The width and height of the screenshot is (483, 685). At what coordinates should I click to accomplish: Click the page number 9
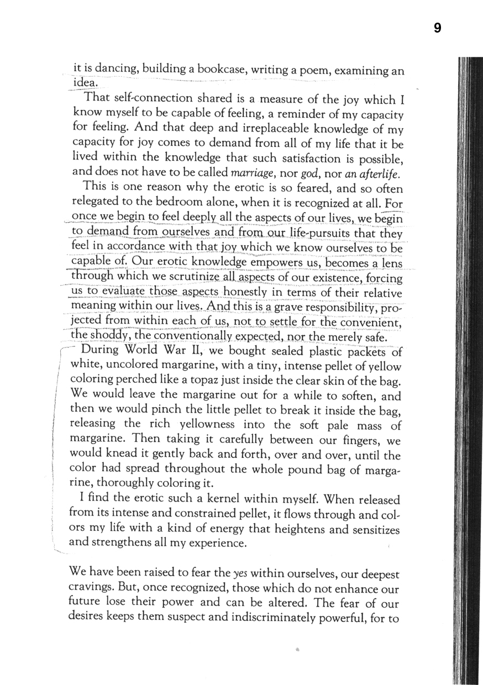[x=437, y=28]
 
